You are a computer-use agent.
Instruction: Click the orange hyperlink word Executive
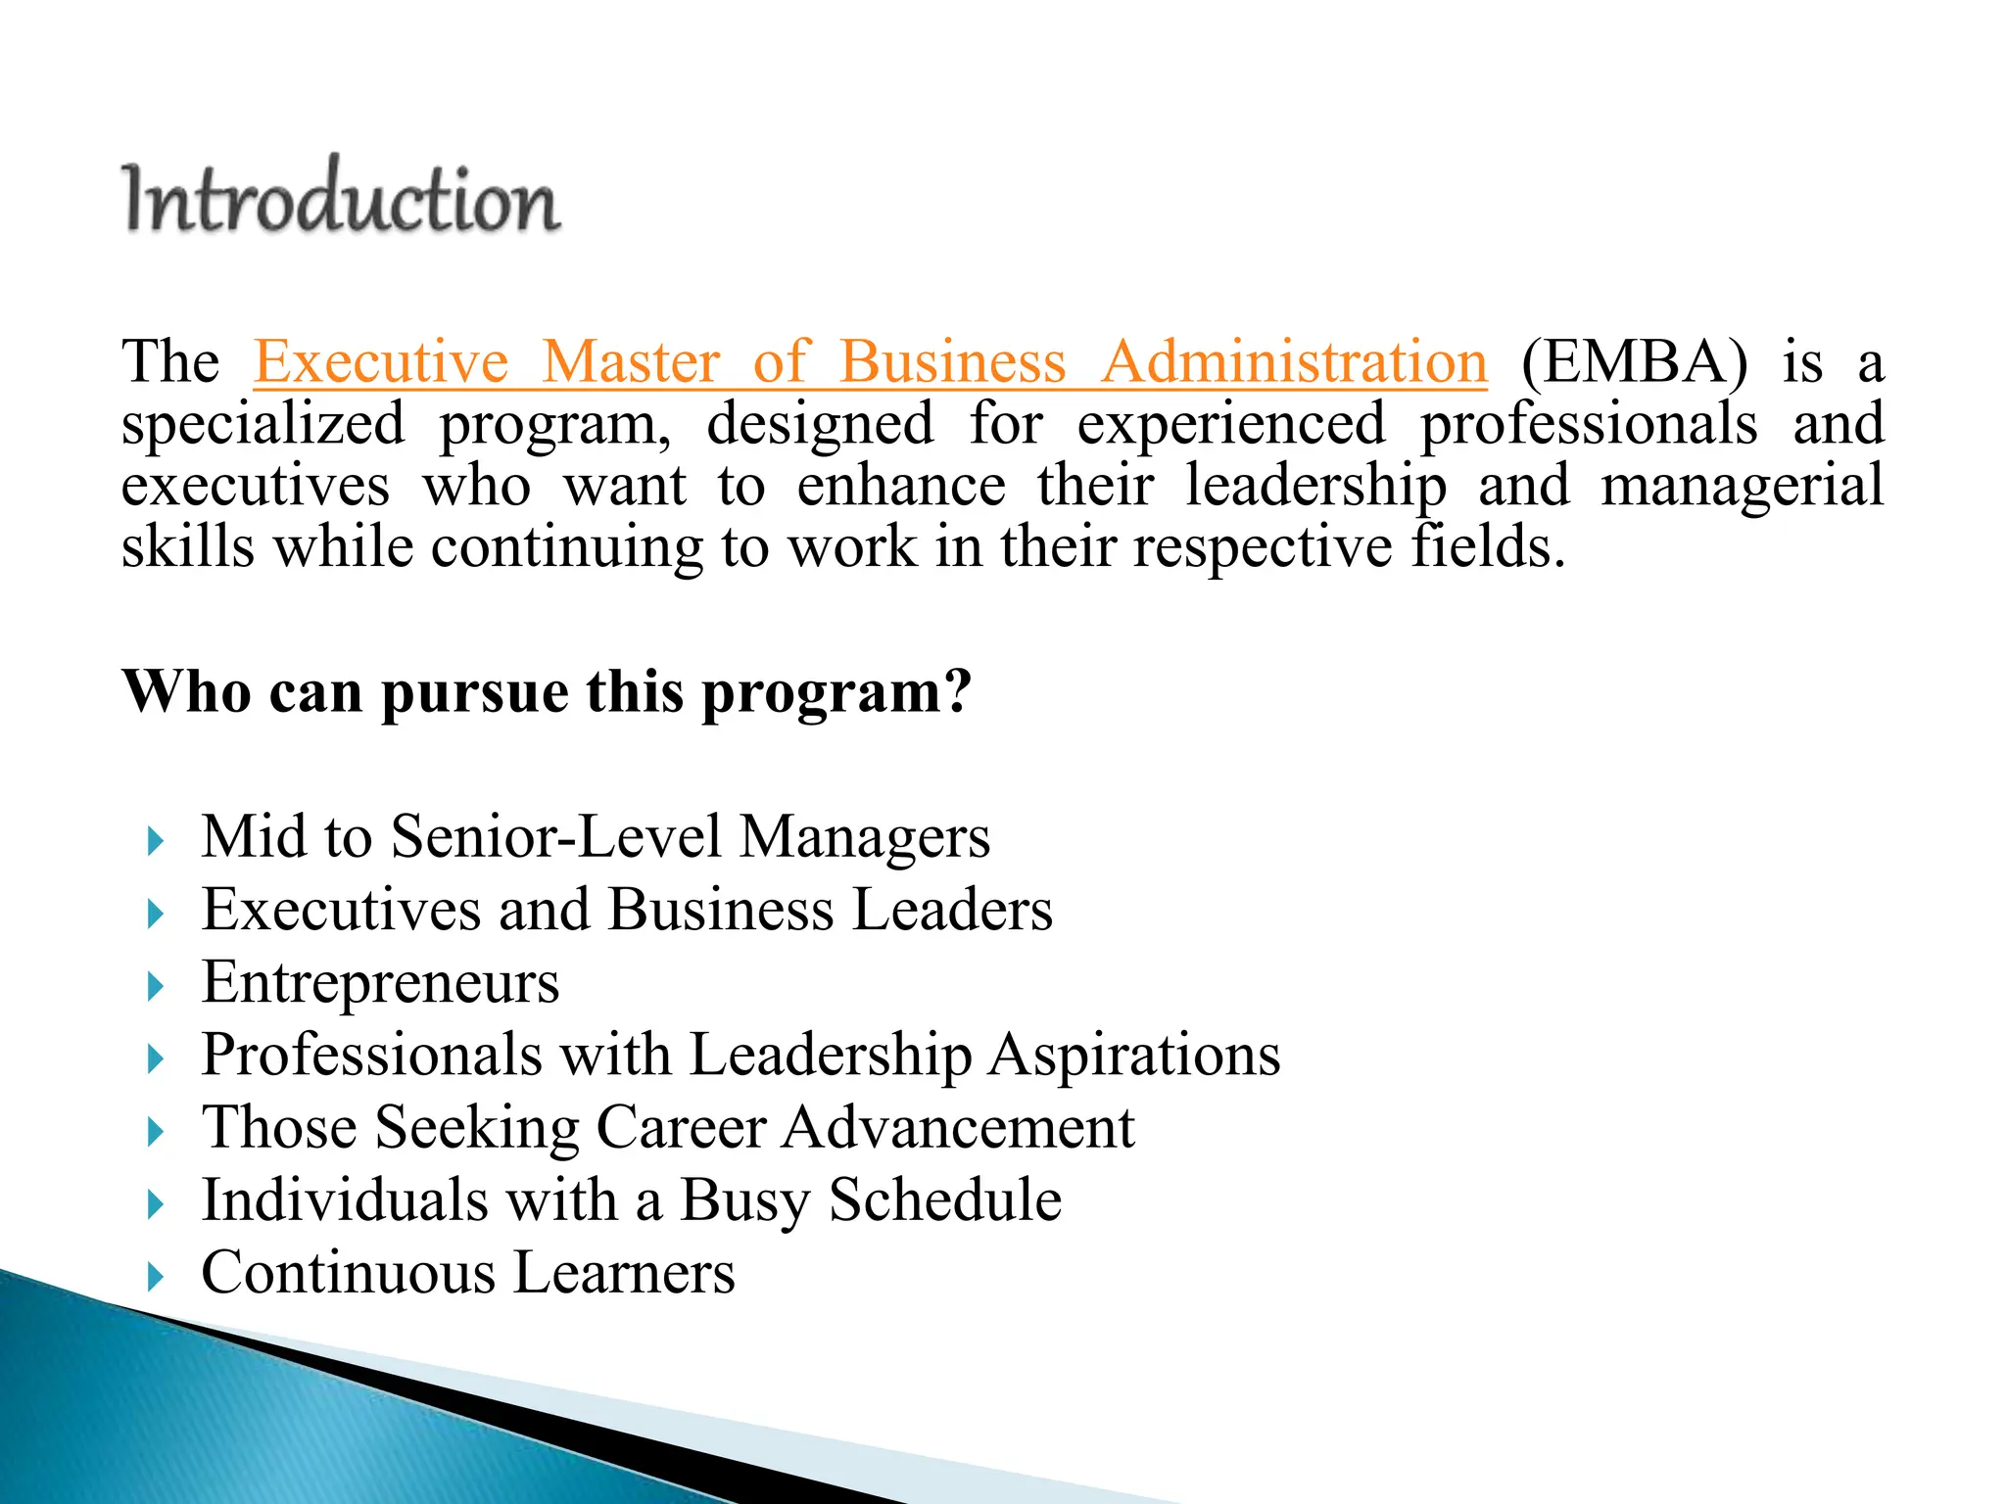coord(381,362)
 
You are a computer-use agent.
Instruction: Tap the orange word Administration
coord(1293,362)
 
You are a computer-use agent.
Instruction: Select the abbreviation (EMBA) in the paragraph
coord(1634,362)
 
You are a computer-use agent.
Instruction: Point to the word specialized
coord(263,425)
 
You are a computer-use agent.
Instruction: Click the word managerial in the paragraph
coord(1742,487)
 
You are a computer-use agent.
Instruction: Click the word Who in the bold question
coord(186,691)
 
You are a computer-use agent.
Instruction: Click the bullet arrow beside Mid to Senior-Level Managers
coord(155,841)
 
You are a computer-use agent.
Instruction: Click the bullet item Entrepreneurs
coord(380,982)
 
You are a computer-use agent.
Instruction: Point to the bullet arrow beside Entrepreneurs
coord(155,986)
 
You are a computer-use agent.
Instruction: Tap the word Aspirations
coord(1133,1056)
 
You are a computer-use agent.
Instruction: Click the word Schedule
coord(944,1200)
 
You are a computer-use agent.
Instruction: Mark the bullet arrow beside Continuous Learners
coord(155,1277)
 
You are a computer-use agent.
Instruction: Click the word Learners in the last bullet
coord(623,1273)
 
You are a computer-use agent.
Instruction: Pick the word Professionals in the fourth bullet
coord(371,1056)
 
